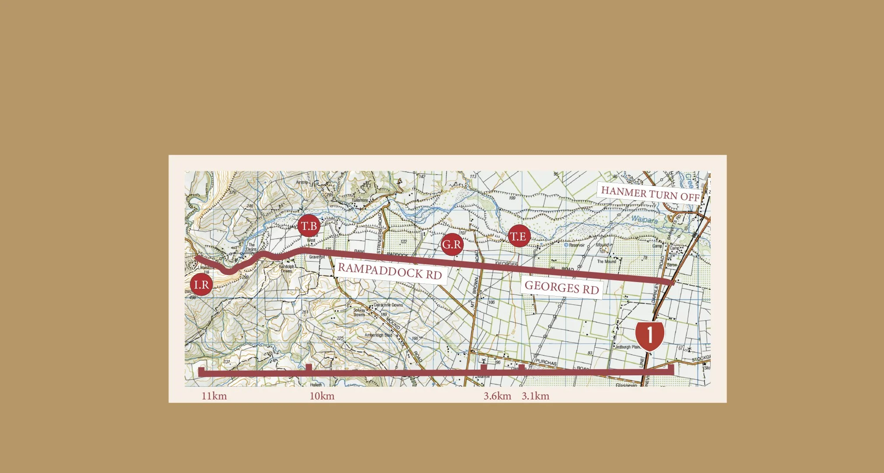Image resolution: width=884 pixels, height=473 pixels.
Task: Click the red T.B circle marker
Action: (x=309, y=226)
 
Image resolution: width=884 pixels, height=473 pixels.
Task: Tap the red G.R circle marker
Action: (x=452, y=244)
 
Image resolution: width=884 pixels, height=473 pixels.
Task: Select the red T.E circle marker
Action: (x=519, y=236)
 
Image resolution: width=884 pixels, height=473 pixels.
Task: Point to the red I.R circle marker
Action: (x=201, y=285)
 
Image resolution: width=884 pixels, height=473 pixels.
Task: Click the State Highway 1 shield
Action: (x=650, y=335)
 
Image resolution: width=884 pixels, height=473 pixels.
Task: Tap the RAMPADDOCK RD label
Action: (x=389, y=271)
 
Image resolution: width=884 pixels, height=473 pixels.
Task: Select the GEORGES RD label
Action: (x=561, y=287)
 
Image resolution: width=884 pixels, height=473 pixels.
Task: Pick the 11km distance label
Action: (x=214, y=396)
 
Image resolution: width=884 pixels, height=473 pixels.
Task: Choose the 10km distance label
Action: (x=322, y=396)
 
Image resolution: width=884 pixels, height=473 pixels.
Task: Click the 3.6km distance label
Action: (x=497, y=396)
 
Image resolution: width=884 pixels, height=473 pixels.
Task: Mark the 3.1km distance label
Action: (x=535, y=396)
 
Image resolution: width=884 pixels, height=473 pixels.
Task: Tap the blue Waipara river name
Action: (x=644, y=219)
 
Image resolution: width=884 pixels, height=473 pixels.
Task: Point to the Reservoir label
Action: (x=576, y=245)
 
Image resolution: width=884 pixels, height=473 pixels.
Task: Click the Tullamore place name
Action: (x=360, y=200)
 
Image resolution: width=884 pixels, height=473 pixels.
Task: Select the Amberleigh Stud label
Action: (x=378, y=335)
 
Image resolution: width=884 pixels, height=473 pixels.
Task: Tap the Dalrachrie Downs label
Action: (x=388, y=305)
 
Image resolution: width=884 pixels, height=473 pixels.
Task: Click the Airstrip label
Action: (x=302, y=182)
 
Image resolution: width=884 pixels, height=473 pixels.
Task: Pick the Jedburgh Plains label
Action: (x=628, y=347)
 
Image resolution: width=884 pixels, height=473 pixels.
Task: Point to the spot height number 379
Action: (x=232, y=193)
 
